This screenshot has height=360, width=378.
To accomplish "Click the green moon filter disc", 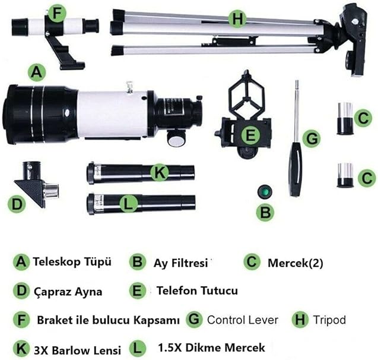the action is [265, 192].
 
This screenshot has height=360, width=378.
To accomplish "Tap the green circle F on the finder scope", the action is [56, 14].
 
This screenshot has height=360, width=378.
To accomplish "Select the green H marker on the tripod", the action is [237, 18].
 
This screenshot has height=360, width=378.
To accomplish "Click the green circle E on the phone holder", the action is [250, 135].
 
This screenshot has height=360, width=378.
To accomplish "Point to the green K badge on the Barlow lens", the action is [160, 172].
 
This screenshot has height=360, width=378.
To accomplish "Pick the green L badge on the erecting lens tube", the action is [129, 204].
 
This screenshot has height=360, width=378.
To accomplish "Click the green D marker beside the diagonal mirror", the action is [17, 204].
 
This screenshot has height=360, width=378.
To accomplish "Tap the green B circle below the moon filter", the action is [265, 213].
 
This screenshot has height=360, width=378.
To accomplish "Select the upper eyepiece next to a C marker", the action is [345, 118].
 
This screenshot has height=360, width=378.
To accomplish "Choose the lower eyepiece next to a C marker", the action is [345, 175].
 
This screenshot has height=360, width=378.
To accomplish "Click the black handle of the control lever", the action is [296, 169].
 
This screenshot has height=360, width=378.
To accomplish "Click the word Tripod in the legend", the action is [329, 320].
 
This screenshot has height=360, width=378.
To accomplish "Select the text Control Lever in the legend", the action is [243, 320].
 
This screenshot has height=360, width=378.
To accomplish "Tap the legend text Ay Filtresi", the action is [181, 263].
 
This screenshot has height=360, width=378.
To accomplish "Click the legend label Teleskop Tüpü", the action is [72, 261].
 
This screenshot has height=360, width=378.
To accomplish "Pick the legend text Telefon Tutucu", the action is [197, 290].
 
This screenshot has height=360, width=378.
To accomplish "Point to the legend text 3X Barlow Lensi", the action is [77, 350].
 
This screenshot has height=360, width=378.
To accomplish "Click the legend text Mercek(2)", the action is [296, 263].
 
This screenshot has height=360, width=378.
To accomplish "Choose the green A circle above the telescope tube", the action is [37, 72].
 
